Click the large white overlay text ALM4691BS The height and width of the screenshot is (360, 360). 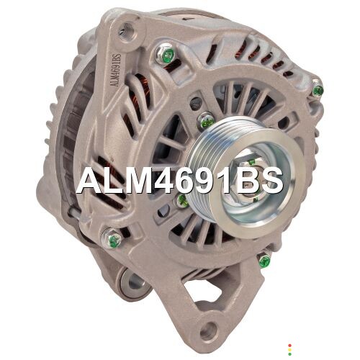180,180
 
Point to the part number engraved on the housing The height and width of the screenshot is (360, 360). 115,70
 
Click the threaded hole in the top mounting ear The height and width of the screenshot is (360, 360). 127,31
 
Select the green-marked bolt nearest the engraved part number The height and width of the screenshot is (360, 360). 166,55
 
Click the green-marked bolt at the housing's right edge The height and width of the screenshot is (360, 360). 318,89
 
